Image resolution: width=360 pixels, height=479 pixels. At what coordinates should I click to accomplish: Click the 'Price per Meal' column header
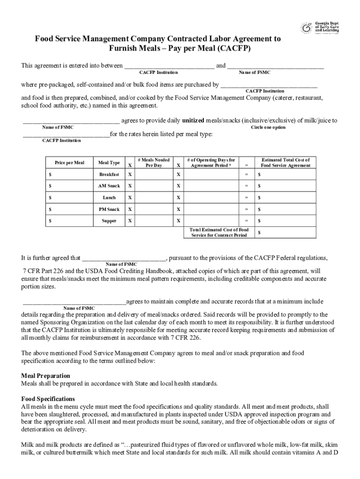[x=69, y=163]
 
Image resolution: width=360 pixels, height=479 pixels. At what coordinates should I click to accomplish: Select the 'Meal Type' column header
[x=109, y=163]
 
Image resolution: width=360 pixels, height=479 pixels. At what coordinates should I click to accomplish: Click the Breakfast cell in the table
[x=109, y=174]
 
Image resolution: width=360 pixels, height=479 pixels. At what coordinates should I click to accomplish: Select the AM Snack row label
[x=109, y=186]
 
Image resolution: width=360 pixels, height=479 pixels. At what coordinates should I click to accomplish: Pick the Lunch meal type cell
[x=109, y=198]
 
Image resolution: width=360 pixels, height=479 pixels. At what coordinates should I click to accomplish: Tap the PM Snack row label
[x=109, y=210]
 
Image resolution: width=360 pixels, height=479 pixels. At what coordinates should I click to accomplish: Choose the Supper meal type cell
[x=109, y=221]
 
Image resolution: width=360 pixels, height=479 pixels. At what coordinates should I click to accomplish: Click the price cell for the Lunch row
[x=69, y=198]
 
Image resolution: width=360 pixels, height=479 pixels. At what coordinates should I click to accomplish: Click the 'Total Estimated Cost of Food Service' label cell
[x=219, y=232]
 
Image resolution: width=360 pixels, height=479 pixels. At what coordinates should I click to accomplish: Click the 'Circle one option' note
[x=268, y=128]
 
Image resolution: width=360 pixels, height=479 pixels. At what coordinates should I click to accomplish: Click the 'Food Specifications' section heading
[x=48, y=399]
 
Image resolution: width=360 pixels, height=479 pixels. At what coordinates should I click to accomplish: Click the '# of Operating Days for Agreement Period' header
[x=211, y=162]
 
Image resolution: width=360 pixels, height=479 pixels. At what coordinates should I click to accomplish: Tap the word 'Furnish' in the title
[x=125, y=49]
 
